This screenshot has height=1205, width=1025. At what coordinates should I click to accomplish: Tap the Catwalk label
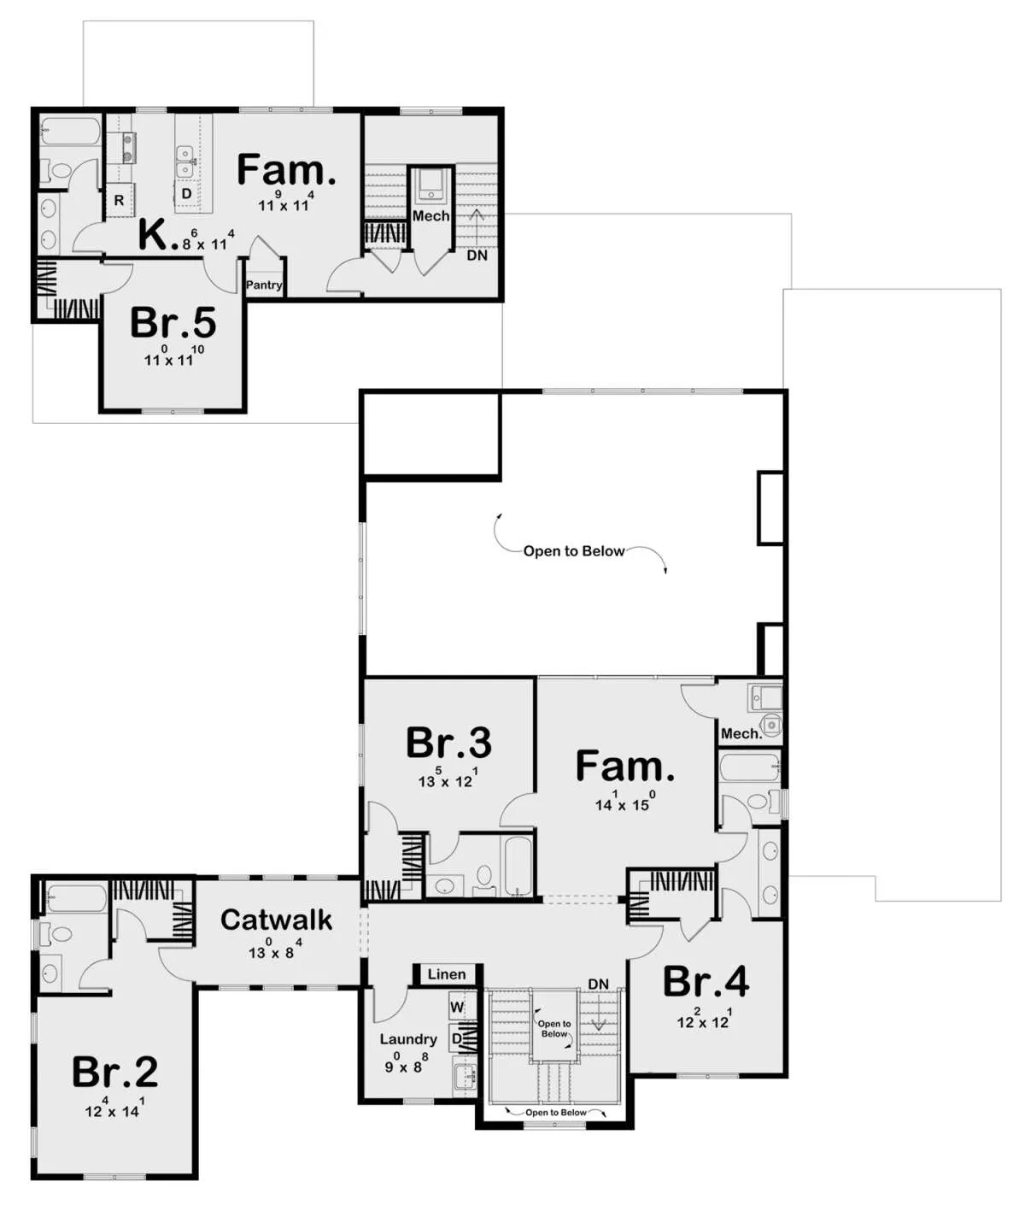(276, 920)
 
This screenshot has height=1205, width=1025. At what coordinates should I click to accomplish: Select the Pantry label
(264, 285)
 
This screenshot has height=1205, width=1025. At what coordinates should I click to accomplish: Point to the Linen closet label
(447, 974)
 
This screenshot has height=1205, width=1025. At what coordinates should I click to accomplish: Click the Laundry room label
(408, 1039)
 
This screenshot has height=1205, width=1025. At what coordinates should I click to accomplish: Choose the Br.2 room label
(114, 1072)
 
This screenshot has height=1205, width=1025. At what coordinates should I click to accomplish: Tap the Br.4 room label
(706, 981)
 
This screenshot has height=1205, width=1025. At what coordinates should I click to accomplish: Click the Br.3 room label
(448, 743)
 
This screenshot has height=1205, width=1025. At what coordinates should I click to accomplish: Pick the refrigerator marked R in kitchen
(120, 201)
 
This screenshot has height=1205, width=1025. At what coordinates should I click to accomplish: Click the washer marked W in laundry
(458, 1008)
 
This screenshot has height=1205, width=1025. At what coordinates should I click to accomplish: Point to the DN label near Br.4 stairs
(598, 984)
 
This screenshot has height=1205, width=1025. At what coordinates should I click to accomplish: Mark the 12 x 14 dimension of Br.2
(114, 1108)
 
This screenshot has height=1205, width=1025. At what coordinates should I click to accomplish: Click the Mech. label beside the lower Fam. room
(741, 733)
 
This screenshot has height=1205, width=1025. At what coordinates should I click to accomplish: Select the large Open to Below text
(574, 551)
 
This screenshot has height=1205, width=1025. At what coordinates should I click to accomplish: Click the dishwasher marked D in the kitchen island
(186, 193)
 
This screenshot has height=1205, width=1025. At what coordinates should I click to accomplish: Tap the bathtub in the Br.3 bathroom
(518, 865)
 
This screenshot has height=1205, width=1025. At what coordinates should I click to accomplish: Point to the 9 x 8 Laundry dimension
(407, 1063)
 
